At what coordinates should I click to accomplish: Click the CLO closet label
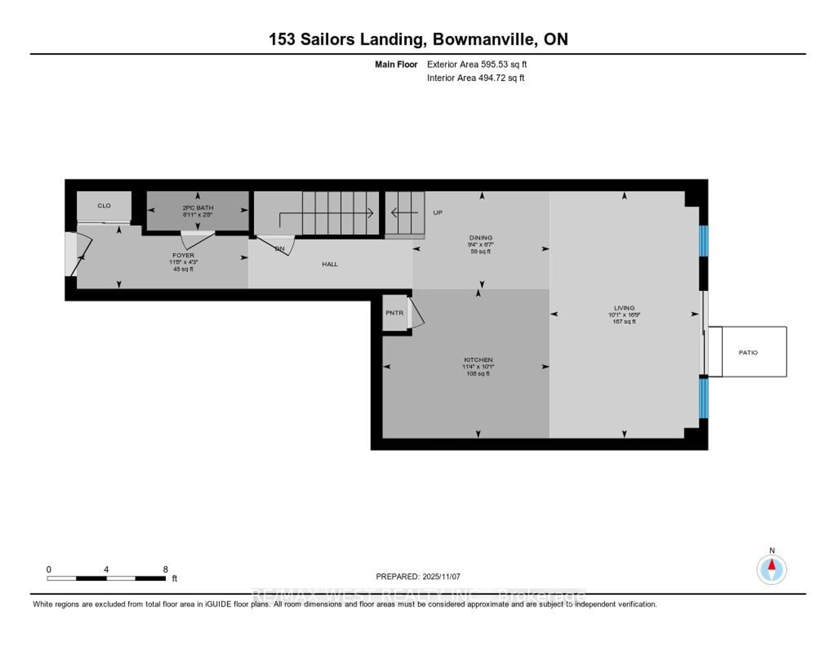[104, 206]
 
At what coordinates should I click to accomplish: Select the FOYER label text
[183, 255]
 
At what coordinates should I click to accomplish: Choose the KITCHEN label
[478, 360]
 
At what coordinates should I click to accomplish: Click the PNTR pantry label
[394, 313]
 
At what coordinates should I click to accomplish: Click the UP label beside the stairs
[438, 213]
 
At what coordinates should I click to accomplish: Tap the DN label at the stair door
[280, 249]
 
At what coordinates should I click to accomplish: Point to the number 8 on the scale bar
[165, 569]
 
